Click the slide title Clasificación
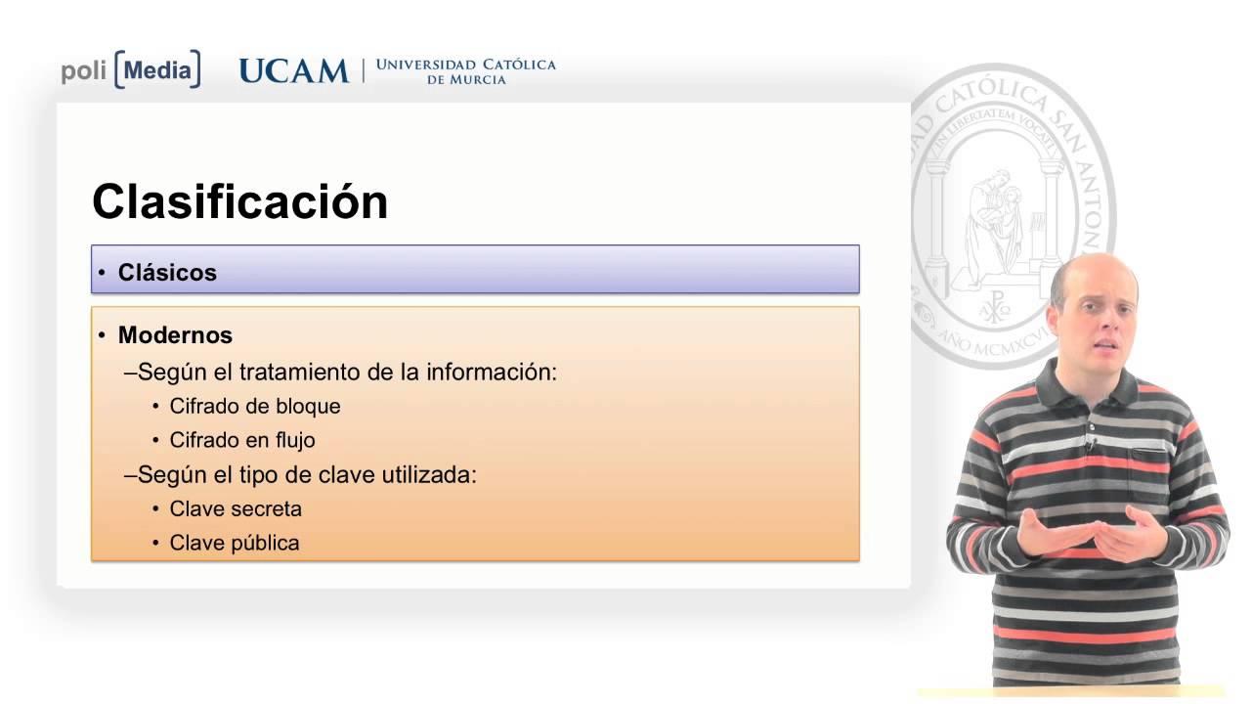[239, 202]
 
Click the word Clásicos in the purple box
[167, 273]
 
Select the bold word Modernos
[175, 335]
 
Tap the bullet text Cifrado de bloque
[254, 406]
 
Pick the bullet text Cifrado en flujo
[242, 440]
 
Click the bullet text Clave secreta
[236, 508]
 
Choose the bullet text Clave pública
[235, 543]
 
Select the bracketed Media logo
[157, 70]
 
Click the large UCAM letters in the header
[293, 71]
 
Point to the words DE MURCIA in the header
[466, 80]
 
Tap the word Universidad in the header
[426, 65]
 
